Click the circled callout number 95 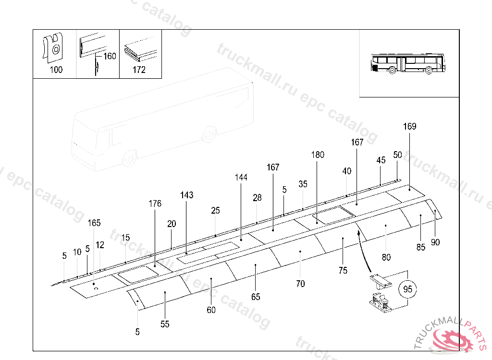[407, 290]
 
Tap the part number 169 [409, 127]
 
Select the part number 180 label [318, 155]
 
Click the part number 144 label [241, 178]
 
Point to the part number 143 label [187, 195]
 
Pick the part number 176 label [155, 204]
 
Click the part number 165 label [94, 223]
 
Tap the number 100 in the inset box [56, 70]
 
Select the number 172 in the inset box [139, 70]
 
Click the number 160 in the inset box [110, 56]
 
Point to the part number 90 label [435, 242]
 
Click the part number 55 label [165, 324]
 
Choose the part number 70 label [300, 284]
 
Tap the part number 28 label [257, 198]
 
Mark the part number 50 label [397, 155]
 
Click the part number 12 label [100, 245]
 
